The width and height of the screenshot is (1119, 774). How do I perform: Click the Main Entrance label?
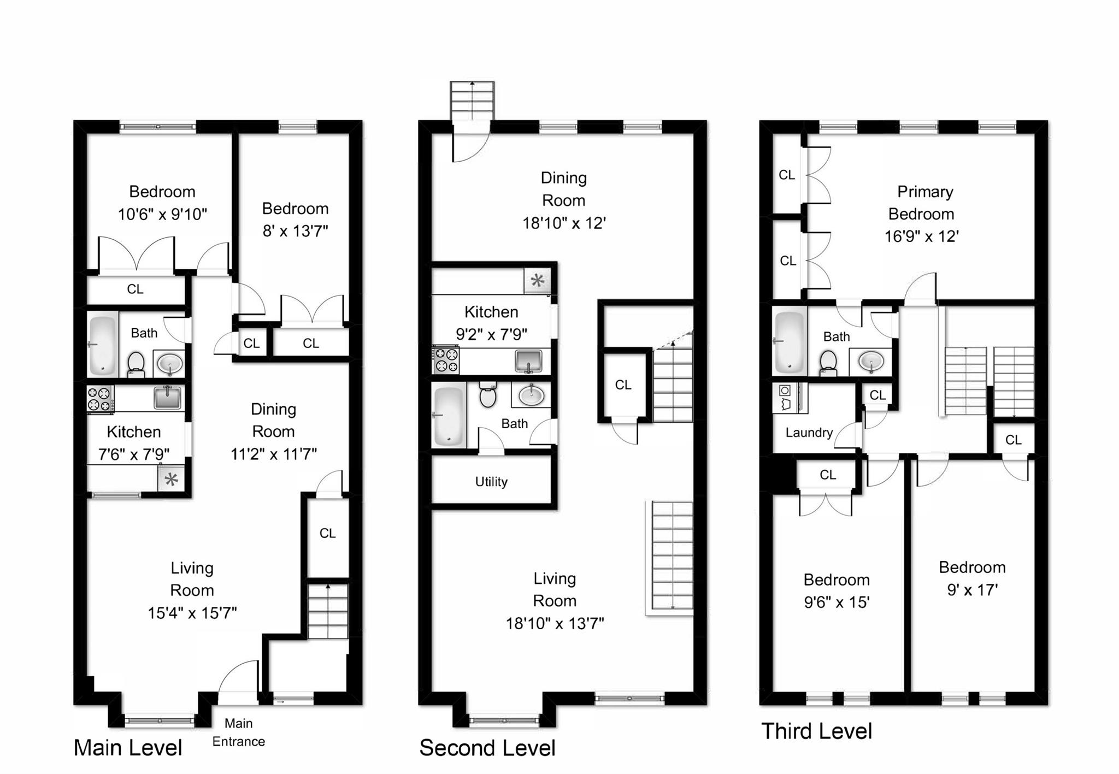click(239, 732)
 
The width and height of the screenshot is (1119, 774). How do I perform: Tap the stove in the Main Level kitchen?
click(101, 399)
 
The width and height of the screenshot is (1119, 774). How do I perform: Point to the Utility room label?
click(491, 482)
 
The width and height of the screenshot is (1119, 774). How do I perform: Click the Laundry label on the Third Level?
click(809, 433)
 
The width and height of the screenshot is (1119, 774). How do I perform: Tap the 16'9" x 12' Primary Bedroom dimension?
click(921, 237)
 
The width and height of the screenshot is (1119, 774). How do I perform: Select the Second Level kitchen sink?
click(528, 361)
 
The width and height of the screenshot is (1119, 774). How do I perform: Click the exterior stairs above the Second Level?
click(472, 101)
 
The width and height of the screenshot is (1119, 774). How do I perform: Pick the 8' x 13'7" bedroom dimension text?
click(295, 231)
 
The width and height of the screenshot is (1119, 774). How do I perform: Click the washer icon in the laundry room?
click(785, 391)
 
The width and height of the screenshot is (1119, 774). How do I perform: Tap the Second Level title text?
click(487, 748)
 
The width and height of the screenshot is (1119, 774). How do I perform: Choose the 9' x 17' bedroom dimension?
click(972, 590)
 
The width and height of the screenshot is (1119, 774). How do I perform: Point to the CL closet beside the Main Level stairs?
click(327, 533)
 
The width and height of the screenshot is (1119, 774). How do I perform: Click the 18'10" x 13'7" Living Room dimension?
click(555, 623)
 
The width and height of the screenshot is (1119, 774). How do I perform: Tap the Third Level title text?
click(816, 731)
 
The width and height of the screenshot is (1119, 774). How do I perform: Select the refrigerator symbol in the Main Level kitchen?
click(171, 480)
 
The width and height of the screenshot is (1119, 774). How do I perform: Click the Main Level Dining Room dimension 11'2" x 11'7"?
click(273, 454)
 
